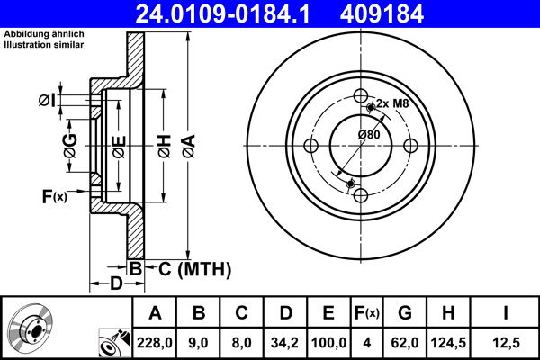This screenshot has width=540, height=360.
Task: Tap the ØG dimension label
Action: pyautogui.click(x=69, y=144)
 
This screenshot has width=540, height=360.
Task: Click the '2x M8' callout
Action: pyautogui.click(x=392, y=103)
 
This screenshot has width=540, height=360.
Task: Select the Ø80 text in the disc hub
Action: pyautogui.click(x=368, y=135)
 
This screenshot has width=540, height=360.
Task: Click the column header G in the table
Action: pyautogui.click(x=404, y=313)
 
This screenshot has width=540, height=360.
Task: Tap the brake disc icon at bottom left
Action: pyautogui.click(x=32, y=329)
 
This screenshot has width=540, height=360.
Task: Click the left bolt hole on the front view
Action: pyautogui.click(x=311, y=148)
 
